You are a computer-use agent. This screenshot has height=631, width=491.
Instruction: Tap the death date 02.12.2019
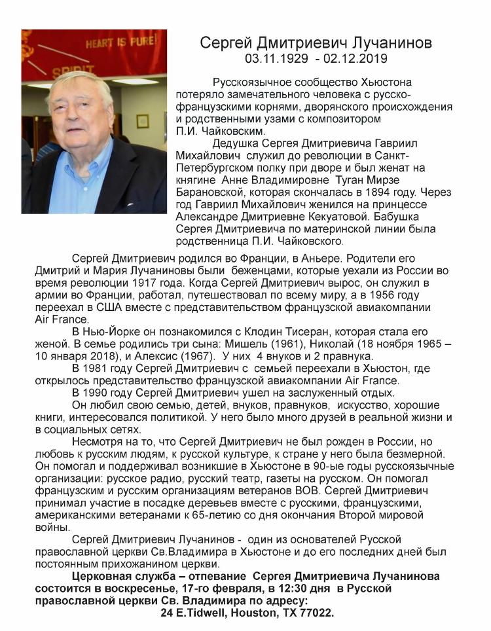coord(357,59)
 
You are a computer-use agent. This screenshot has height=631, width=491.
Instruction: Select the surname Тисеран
coord(306,332)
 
